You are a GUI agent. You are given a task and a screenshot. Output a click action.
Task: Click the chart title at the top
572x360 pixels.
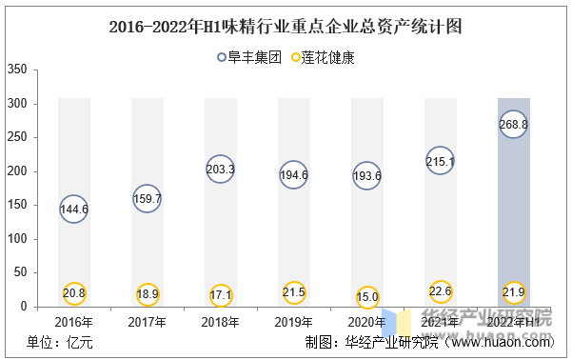coord(286,26)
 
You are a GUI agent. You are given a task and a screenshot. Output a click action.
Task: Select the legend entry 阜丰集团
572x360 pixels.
coord(249,57)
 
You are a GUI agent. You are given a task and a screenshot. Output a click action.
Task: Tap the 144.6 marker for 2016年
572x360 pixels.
coord(74,209)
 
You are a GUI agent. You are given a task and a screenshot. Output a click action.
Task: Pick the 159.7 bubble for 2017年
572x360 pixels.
coord(148,198)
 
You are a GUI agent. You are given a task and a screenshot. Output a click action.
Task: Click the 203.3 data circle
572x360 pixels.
coord(221,170)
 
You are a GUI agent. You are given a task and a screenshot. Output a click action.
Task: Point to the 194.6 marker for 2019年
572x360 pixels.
coord(294,175)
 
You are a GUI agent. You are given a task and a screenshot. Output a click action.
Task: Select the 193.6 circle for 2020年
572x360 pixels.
coord(367,176)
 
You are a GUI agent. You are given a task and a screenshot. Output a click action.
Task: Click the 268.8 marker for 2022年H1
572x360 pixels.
coord(513,125)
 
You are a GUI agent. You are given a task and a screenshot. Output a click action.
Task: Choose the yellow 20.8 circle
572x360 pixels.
coord(74,292)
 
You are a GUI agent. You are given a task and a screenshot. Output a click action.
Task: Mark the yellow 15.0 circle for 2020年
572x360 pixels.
coord(367,296)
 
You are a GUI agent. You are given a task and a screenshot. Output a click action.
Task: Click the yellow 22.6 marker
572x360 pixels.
coord(440,291)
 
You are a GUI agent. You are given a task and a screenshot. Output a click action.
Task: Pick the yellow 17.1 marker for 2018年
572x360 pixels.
coord(221,295)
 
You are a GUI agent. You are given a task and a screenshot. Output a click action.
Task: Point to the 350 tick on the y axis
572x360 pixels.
coord(16,70)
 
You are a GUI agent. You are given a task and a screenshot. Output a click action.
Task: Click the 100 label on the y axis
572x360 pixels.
coord(16,239)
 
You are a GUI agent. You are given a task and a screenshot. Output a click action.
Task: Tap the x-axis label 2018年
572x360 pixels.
coord(221,322)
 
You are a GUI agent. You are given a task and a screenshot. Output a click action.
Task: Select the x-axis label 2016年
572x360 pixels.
coord(74,322)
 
